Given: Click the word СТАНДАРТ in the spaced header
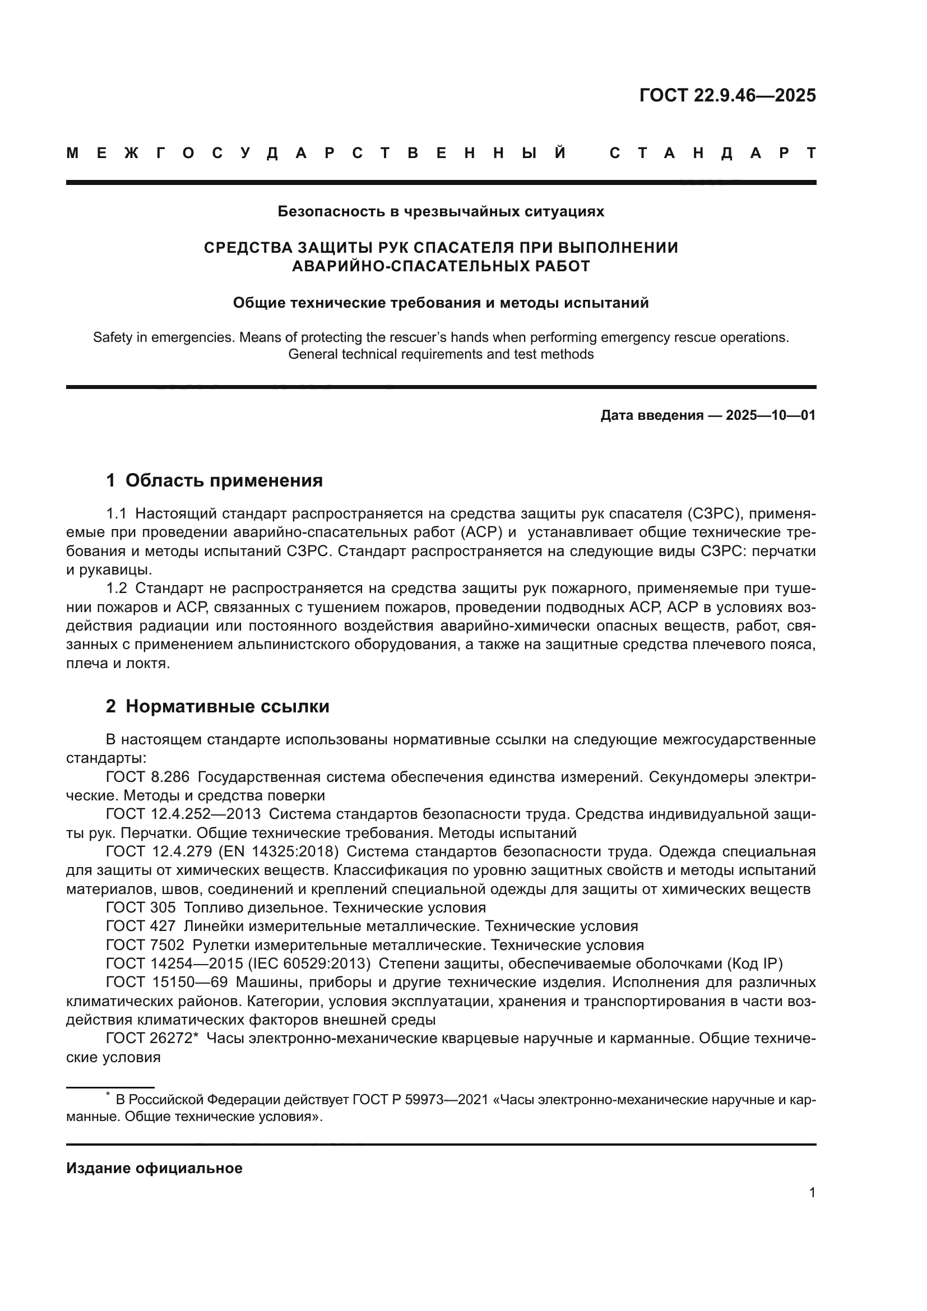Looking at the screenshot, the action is (712, 153).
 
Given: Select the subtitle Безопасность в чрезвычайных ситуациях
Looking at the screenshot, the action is (441, 212).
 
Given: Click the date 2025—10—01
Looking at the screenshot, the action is (771, 415).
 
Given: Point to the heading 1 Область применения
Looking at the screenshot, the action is (214, 480).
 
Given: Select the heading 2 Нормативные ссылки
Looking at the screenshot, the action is (217, 706).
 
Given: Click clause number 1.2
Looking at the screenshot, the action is (117, 588).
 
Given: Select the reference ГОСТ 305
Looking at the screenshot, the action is (141, 907).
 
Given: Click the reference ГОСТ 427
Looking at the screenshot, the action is (141, 925).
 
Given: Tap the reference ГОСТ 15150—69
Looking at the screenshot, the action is (166, 982).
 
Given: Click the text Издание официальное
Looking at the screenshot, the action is (154, 1168).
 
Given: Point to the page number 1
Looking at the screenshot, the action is (812, 1193).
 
